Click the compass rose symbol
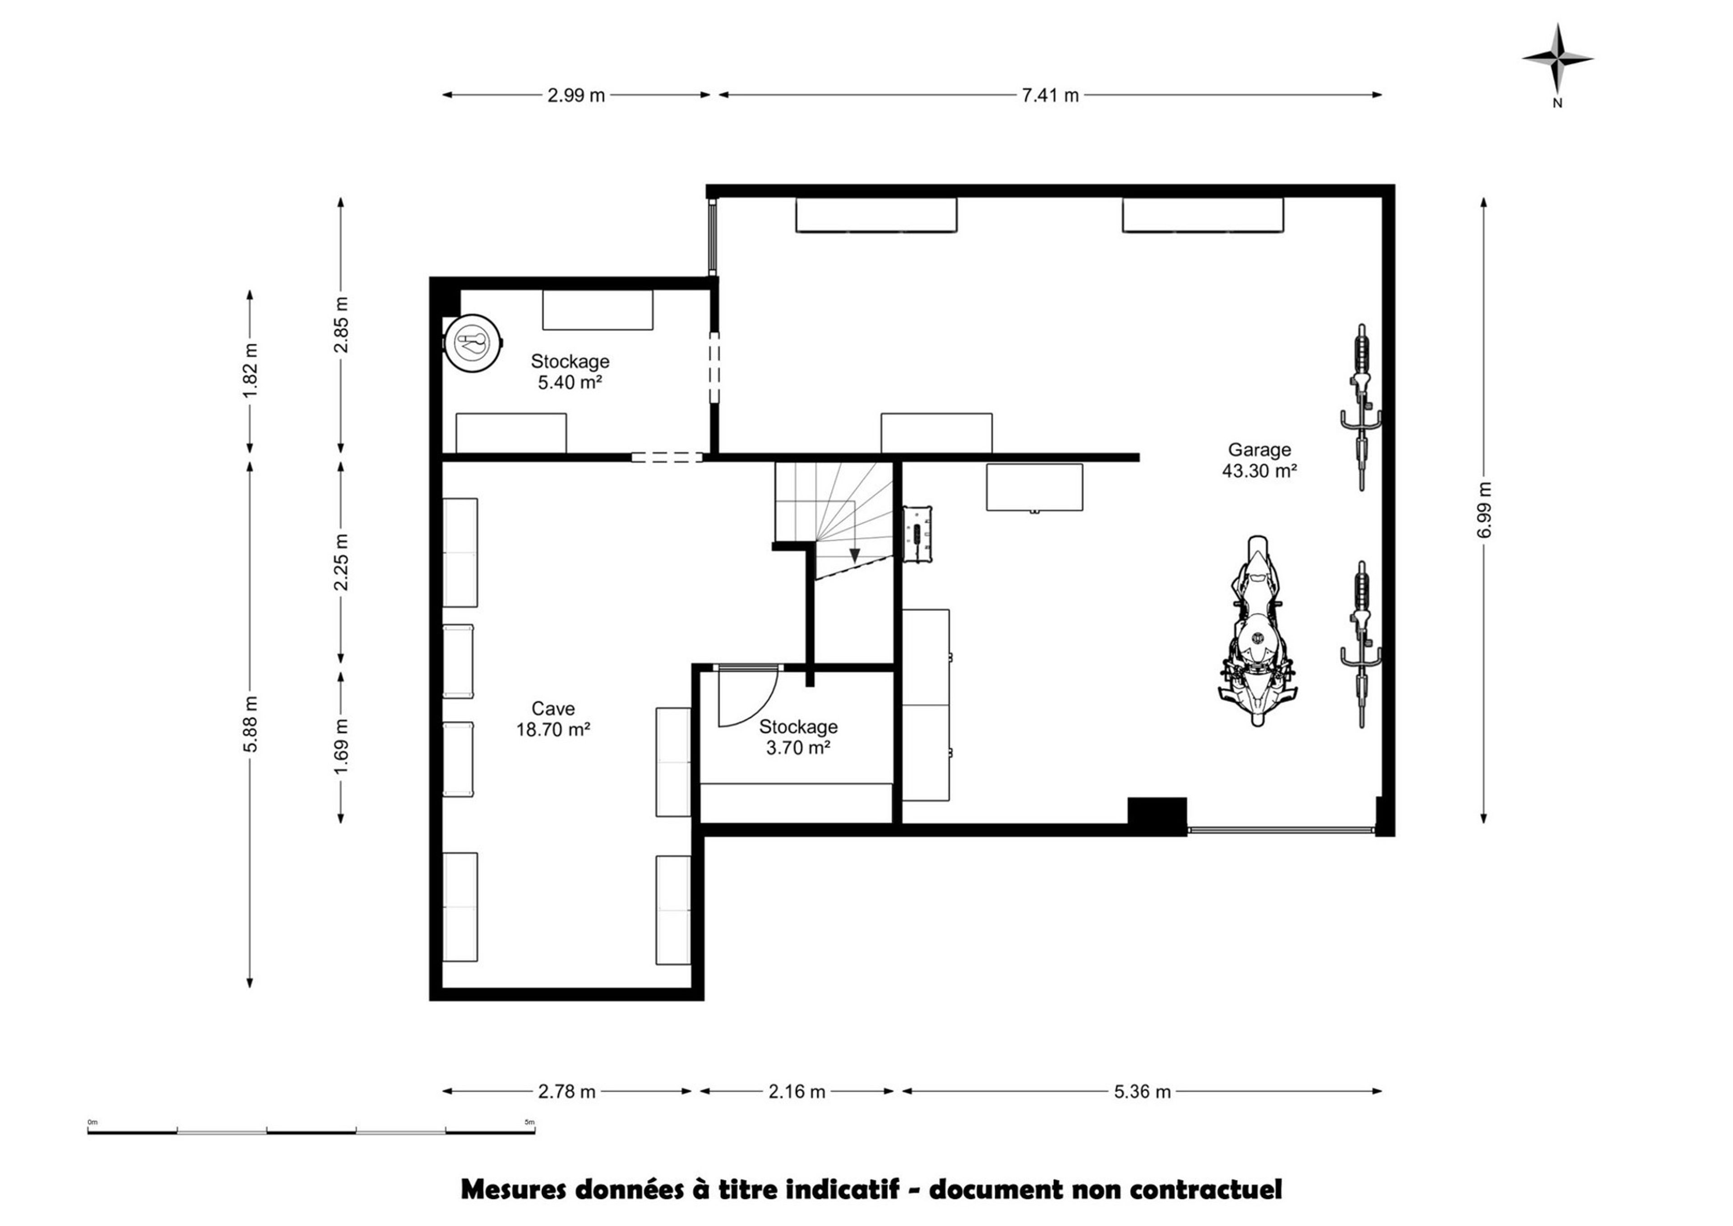(1557, 58)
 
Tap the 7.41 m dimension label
(1050, 95)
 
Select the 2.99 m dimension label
(576, 95)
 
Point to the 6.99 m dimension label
(1485, 510)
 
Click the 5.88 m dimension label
(251, 723)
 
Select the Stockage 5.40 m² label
(570, 371)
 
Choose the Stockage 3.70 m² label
(798, 737)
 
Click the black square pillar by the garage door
(1157, 811)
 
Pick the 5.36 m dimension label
(1142, 1091)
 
